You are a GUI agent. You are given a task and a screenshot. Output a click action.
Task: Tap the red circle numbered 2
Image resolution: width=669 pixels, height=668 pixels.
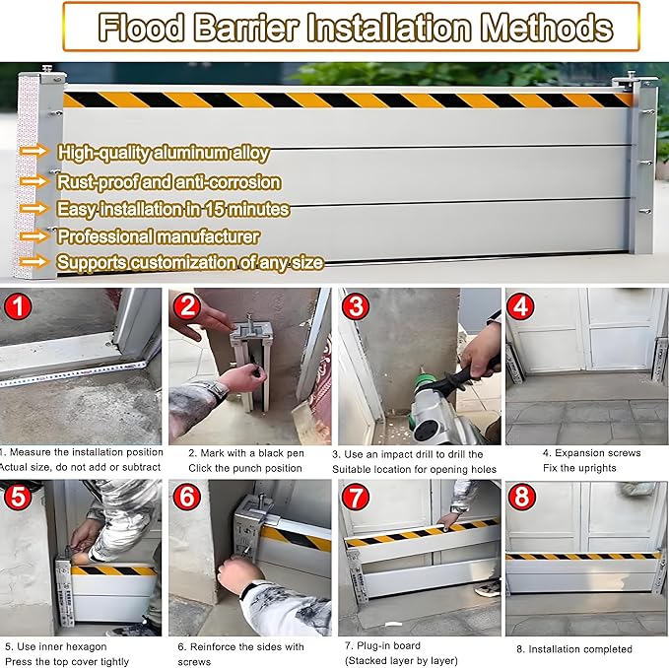click(187, 307)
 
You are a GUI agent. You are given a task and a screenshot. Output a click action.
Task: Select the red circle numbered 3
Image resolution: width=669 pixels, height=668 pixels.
click(355, 307)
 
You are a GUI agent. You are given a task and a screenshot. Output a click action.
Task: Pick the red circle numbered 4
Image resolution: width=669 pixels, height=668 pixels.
click(522, 307)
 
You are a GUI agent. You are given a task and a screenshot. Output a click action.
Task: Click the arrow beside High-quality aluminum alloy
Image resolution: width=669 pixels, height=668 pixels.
click(33, 152)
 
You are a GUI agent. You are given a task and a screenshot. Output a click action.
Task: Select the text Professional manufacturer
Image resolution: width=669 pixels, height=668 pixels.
click(158, 236)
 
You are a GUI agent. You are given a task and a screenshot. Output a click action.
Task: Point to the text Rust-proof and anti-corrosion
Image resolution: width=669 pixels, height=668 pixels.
click(168, 182)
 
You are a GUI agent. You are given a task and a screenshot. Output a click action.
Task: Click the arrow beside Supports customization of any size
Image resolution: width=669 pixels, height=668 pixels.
click(33, 262)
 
